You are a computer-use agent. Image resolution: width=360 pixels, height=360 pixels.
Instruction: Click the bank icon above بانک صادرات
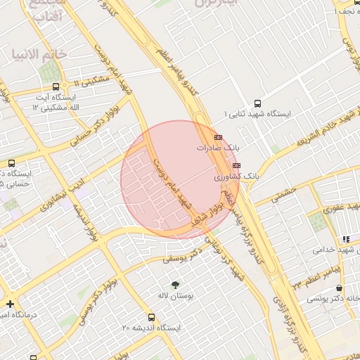(218, 137)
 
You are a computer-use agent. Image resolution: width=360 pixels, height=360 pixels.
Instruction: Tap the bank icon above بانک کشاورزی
(236, 165)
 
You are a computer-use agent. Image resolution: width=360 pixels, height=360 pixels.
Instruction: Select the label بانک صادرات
(218, 148)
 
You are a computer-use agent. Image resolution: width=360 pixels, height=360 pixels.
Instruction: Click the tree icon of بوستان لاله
(174, 284)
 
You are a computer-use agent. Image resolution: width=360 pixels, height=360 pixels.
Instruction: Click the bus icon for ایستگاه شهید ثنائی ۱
(257, 102)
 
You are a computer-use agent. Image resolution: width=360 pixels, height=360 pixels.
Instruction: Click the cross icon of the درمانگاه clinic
(10, 304)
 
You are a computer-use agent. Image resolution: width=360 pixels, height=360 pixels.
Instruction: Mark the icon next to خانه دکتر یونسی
(340, 288)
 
